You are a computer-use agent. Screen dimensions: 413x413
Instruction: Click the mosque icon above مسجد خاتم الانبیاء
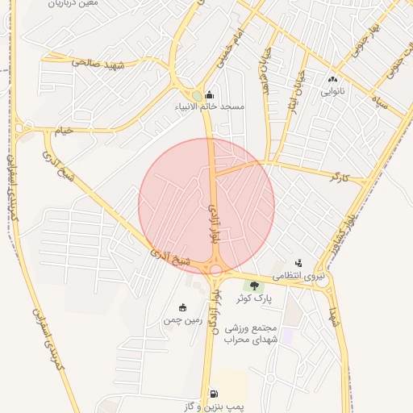pyautogui.click(x=211, y=94)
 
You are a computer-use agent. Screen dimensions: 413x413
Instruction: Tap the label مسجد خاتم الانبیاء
pyautogui.click(x=211, y=106)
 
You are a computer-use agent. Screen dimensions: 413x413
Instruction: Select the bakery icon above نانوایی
pyautogui.click(x=332, y=79)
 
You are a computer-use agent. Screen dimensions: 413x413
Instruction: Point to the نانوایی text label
pyautogui.click(x=332, y=92)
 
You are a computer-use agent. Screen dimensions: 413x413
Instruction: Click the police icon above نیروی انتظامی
pyautogui.click(x=298, y=263)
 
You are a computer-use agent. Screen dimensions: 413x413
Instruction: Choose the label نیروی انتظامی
pyautogui.click(x=299, y=276)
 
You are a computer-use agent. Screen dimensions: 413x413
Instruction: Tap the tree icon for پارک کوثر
pyautogui.click(x=255, y=286)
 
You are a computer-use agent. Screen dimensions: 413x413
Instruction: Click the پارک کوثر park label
pyautogui.click(x=255, y=298)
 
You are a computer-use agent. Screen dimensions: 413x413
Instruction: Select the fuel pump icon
pyautogui.click(x=214, y=394)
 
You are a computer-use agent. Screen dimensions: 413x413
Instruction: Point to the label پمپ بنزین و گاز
pyautogui.click(x=214, y=407)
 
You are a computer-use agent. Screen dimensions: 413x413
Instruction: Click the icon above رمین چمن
pyautogui.click(x=182, y=307)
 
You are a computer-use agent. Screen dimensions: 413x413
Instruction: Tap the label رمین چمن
pyautogui.click(x=182, y=320)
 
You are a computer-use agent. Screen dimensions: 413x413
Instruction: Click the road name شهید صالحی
pyautogui.click(x=98, y=62)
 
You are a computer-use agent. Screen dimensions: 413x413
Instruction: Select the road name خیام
pyautogui.click(x=63, y=130)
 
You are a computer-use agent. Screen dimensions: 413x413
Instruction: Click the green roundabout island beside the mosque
pyautogui.click(x=197, y=95)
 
